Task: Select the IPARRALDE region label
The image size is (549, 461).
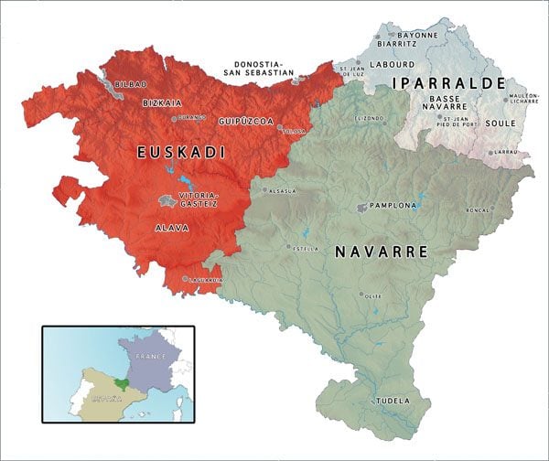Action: tap(447, 83)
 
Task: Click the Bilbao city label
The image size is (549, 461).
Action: tap(130, 84)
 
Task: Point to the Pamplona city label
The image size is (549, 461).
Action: tap(393, 206)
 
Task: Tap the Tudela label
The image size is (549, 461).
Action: tap(391, 401)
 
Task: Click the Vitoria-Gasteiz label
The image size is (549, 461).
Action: tap(201, 201)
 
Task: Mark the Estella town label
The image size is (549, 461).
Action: tap(307, 247)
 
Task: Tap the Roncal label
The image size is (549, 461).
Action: tap(503, 209)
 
